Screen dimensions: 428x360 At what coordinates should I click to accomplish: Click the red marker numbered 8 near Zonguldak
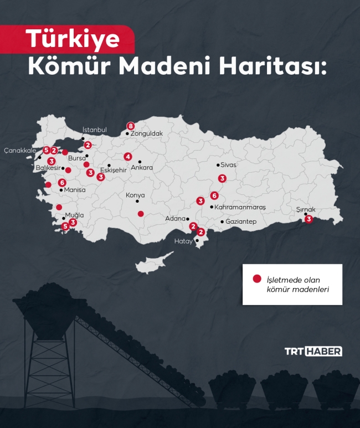point(131,126)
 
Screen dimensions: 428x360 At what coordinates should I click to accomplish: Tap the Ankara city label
point(142,168)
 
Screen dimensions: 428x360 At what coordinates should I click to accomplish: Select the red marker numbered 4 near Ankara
point(128,156)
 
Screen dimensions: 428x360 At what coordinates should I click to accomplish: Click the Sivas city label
point(228,165)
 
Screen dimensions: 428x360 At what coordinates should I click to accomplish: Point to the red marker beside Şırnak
point(309,219)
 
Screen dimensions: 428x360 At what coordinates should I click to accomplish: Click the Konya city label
point(135,195)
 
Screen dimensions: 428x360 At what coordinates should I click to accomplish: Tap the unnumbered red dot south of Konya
point(141,214)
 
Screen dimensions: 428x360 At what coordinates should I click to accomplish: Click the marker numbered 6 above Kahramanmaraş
point(214,195)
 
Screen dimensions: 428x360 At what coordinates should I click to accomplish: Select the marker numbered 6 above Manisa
point(62,182)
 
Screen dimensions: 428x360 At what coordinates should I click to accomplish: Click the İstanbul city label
point(94,130)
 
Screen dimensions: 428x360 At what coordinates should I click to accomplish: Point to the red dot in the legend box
point(256,279)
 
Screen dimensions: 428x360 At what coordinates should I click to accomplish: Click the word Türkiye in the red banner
point(73,39)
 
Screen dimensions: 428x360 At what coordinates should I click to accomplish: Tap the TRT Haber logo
point(313,351)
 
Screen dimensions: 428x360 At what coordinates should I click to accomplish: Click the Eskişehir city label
point(114,171)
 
